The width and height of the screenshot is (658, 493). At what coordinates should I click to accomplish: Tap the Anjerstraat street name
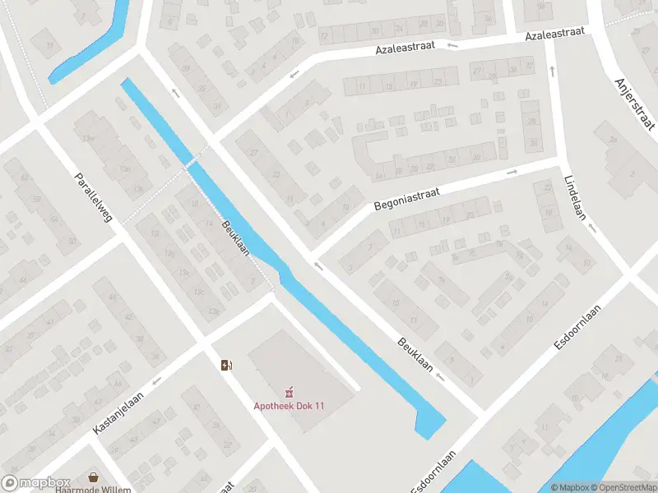[x=634, y=103]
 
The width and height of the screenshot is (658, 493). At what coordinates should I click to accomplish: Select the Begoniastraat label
[x=406, y=200]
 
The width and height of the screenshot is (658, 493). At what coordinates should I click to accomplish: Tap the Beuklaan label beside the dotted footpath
[x=235, y=237]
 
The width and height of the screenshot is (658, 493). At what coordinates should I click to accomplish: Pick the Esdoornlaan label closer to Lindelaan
[x=577, y=328]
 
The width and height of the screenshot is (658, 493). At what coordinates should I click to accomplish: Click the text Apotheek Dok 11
[x=289, y=406]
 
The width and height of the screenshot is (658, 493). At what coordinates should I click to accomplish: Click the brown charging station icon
[x=226, y=365]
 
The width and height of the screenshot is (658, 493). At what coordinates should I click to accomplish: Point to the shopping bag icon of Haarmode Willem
[x=94, y=477]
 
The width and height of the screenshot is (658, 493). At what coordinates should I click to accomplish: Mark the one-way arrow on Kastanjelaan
[x=155, y=380]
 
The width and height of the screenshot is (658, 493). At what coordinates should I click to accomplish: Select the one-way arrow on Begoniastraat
[x=511, y=173]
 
